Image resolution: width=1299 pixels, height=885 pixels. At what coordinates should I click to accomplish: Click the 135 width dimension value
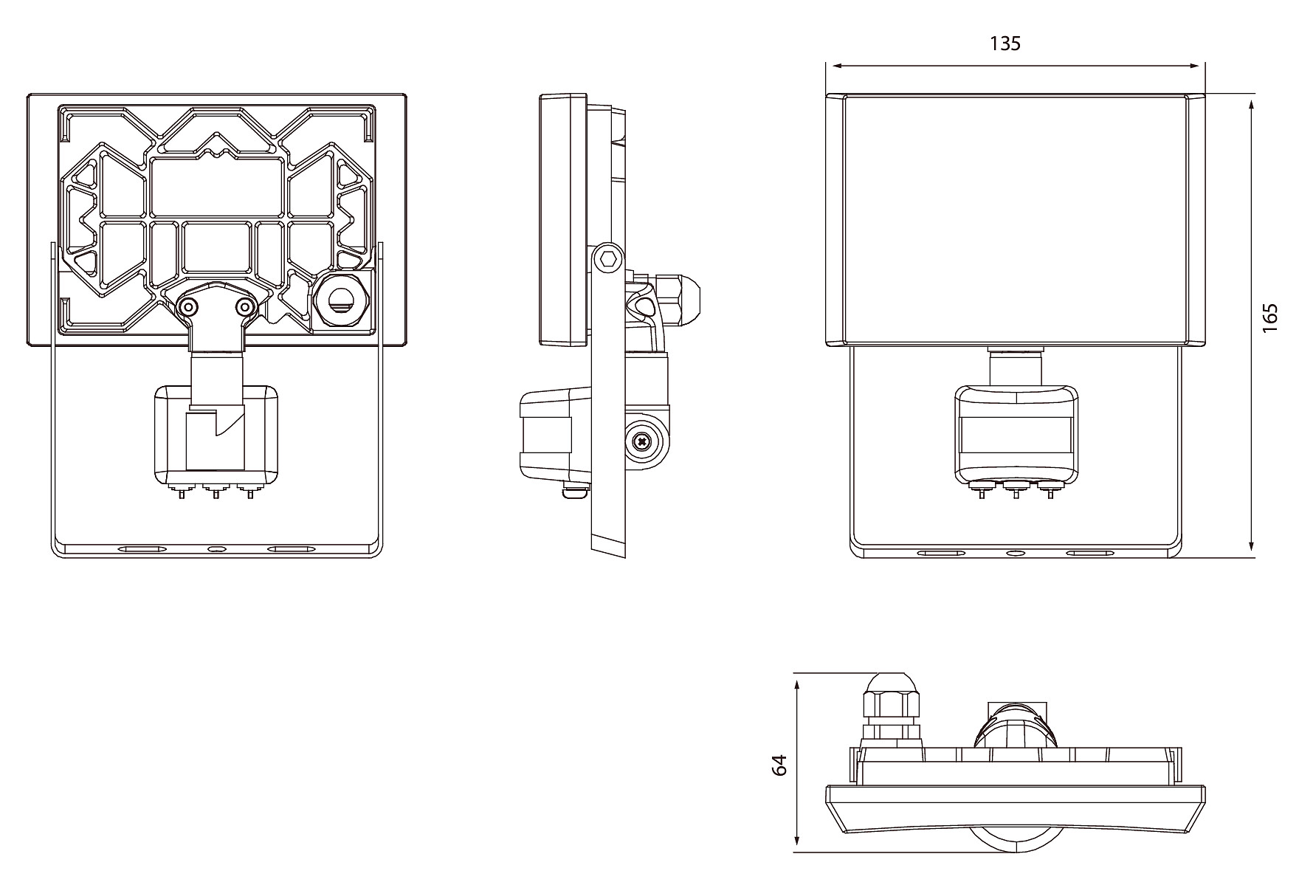[x=1005, y=44]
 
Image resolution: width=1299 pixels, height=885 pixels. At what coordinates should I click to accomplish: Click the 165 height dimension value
[x=1269, y=317]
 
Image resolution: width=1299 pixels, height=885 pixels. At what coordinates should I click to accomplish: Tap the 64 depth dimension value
[x=779, y=764]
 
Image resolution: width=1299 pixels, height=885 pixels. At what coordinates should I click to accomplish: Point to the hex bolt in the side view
[x=608, y=259]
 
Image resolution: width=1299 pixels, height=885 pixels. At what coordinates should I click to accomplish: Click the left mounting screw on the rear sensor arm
[x=189, y=307]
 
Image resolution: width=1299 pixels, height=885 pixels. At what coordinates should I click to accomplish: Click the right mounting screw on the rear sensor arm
[x=244, y=306]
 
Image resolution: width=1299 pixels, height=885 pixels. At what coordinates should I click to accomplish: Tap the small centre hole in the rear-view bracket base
[x=217, y=550]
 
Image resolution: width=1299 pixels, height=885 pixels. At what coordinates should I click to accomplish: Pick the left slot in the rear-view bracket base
[x=142, y=550]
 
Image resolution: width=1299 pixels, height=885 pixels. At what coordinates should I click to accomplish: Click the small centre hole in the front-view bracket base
[x=1016, y=553]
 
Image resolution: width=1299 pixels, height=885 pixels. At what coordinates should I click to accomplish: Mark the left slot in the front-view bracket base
[x=941, y=553]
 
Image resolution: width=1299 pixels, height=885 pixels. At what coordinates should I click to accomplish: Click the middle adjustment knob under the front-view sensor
[x=1016, y=488]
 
